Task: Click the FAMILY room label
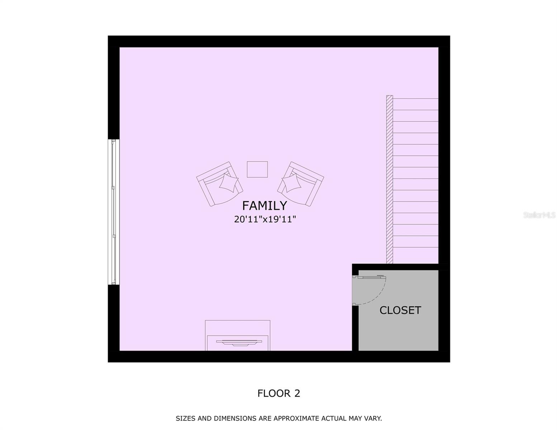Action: coord(264,206)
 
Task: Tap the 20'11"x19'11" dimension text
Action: coord(265,219)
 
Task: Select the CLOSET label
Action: coord(400,310)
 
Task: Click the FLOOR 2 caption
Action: coord(279,393)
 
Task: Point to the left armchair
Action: coord(219,183)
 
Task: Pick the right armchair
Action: coord(301,183)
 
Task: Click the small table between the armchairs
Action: coord(257,169)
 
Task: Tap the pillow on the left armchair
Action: coord(228,182)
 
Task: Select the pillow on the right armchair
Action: coord(292,183)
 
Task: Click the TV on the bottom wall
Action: coord(238,343)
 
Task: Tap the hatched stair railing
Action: coord(390,179)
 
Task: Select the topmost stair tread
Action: coord(416,104)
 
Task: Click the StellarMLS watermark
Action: coord(539,215)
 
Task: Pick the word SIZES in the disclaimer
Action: coord(185,418)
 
